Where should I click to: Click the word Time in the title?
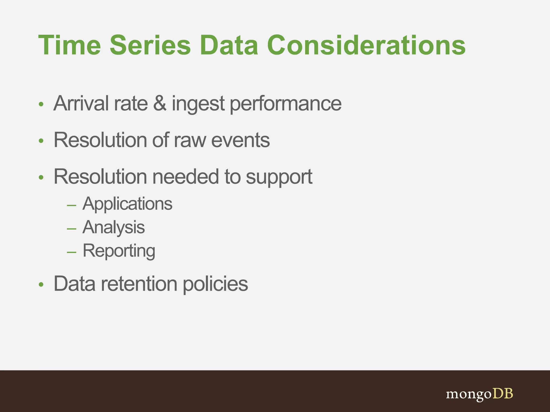(70, 46)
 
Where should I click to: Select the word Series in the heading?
(150, 46)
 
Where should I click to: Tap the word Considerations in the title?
(366, 46)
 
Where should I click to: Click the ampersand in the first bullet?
(160, 104)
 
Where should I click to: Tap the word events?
(240, 140)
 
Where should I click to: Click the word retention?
(139, 284)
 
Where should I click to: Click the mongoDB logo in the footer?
(479, 394)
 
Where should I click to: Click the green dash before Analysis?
(72, 229)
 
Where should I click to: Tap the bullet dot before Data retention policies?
(41, 285)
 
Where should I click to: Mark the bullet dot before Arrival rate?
(41, 104)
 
